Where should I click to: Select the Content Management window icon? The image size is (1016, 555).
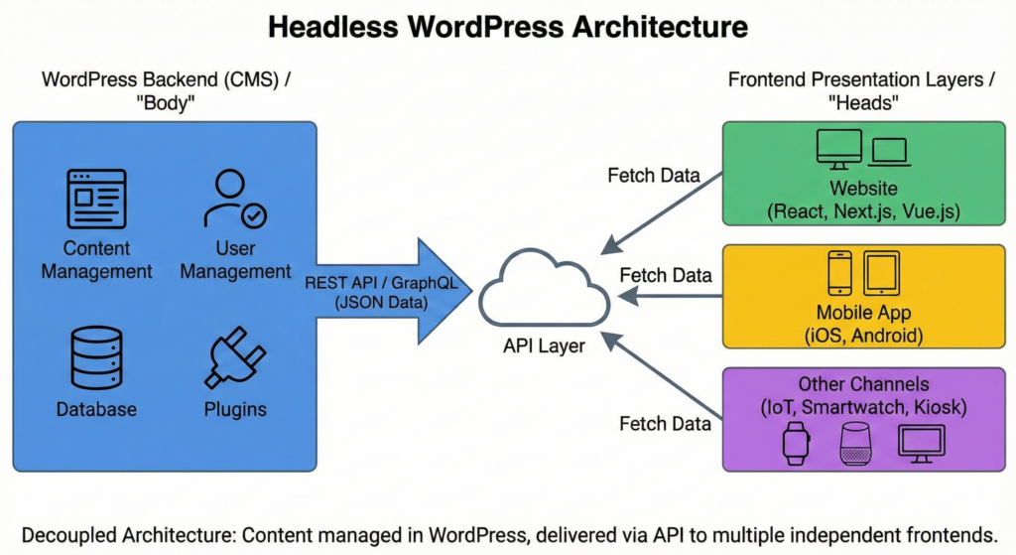pos(96,199)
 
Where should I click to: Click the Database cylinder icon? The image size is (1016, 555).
pos(96,357)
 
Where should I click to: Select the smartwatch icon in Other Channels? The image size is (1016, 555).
pos(796,443)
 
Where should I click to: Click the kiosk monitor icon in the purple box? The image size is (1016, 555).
pos(921,443)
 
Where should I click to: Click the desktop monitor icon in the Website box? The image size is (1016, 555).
pos(839,149)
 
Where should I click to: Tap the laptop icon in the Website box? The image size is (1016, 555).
pos(888,152)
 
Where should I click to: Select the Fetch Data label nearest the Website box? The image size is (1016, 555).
pos(653,176)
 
